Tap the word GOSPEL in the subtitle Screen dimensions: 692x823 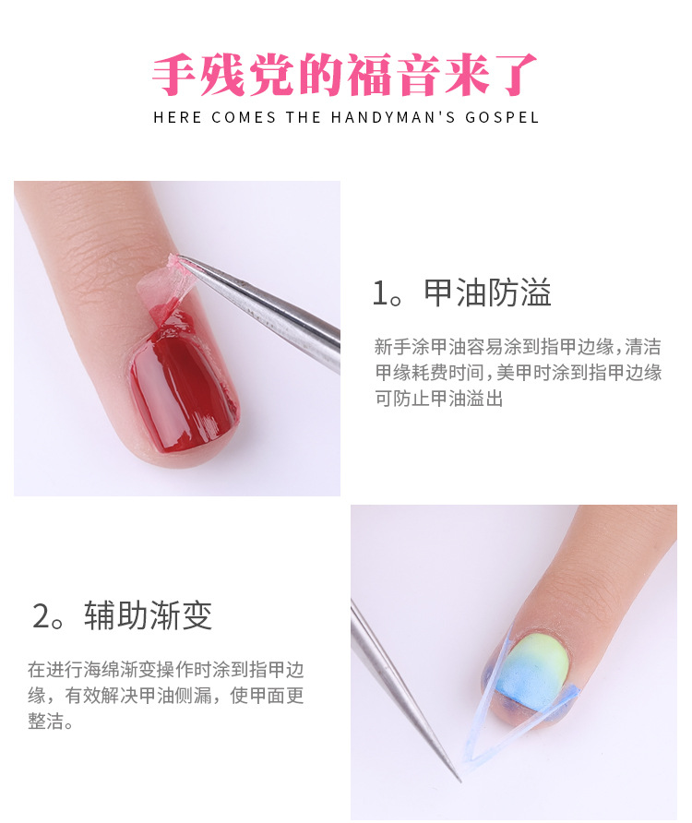[502, 117]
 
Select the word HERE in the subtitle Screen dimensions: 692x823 [177, 117]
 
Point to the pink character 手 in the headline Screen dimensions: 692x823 [174, 75]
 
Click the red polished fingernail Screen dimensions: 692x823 [183, 386]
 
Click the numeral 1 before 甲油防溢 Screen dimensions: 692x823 [379, 293]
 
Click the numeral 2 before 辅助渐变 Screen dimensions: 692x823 [41, 616]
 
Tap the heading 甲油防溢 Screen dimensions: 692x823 [488, 292]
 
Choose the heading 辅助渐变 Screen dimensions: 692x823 [148, 615]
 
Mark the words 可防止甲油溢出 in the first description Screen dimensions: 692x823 [439, 399]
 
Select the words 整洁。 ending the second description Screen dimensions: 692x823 [51, 722]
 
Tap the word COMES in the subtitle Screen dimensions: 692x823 [244, 117]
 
